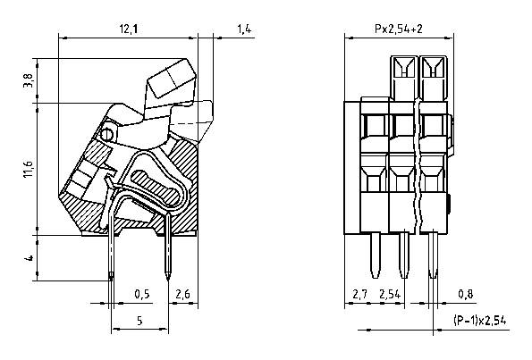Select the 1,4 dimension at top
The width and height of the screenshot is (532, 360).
244,30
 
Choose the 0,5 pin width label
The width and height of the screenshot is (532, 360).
141,294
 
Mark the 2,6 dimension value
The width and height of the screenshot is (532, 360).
182,294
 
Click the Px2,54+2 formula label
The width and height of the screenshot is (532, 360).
398,30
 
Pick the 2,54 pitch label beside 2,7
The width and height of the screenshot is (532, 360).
390,294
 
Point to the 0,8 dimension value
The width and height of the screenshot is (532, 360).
466,294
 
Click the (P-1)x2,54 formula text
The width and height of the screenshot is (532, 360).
480,321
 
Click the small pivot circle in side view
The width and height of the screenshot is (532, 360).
106,136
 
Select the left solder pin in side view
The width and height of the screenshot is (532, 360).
111,255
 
